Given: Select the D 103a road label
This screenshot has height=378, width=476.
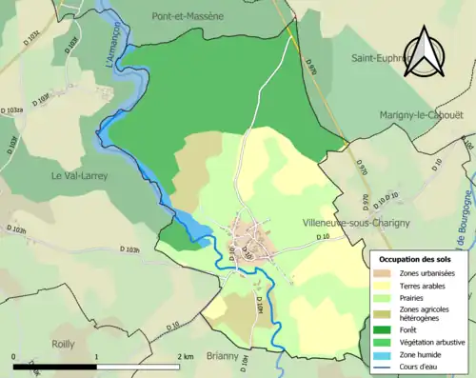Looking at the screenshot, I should pos(10,110).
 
